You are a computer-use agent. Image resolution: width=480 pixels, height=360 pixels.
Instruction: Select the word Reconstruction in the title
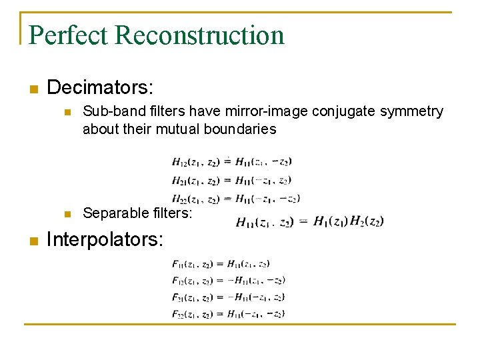coord(199,35)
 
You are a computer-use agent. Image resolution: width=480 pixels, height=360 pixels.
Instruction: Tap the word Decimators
coord(101,87)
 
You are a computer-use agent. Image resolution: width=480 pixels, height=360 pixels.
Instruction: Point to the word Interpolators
coord(105,239)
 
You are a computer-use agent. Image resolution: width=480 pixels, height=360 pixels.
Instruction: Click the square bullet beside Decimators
coord(33,89)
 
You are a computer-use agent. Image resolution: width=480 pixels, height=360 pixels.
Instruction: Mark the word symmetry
coord(411,111)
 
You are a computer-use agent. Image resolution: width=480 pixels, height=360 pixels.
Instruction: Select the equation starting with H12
coord(231,161)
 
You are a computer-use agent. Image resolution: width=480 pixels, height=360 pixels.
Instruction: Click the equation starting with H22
coord(235,198)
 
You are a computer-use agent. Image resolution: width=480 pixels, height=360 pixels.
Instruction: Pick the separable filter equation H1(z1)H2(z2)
coord(310,221)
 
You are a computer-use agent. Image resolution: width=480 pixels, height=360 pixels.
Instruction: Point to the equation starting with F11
coord(221,264)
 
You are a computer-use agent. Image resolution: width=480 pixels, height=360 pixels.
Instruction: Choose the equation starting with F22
coord(229,313)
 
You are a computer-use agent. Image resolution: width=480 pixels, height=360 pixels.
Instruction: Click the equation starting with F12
coord(229,280)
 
